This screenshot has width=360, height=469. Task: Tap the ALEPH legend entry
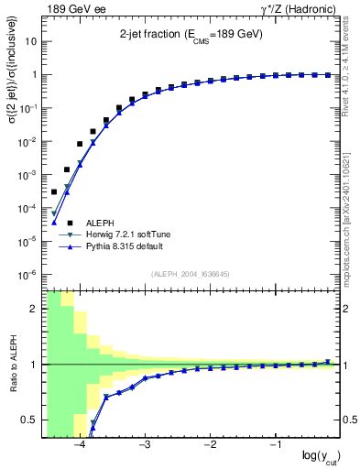point(101,223)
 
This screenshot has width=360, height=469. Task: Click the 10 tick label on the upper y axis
point(30,42)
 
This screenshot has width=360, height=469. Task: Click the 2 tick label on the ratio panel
point(33,309)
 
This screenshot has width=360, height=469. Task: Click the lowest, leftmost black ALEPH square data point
point(54,191)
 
